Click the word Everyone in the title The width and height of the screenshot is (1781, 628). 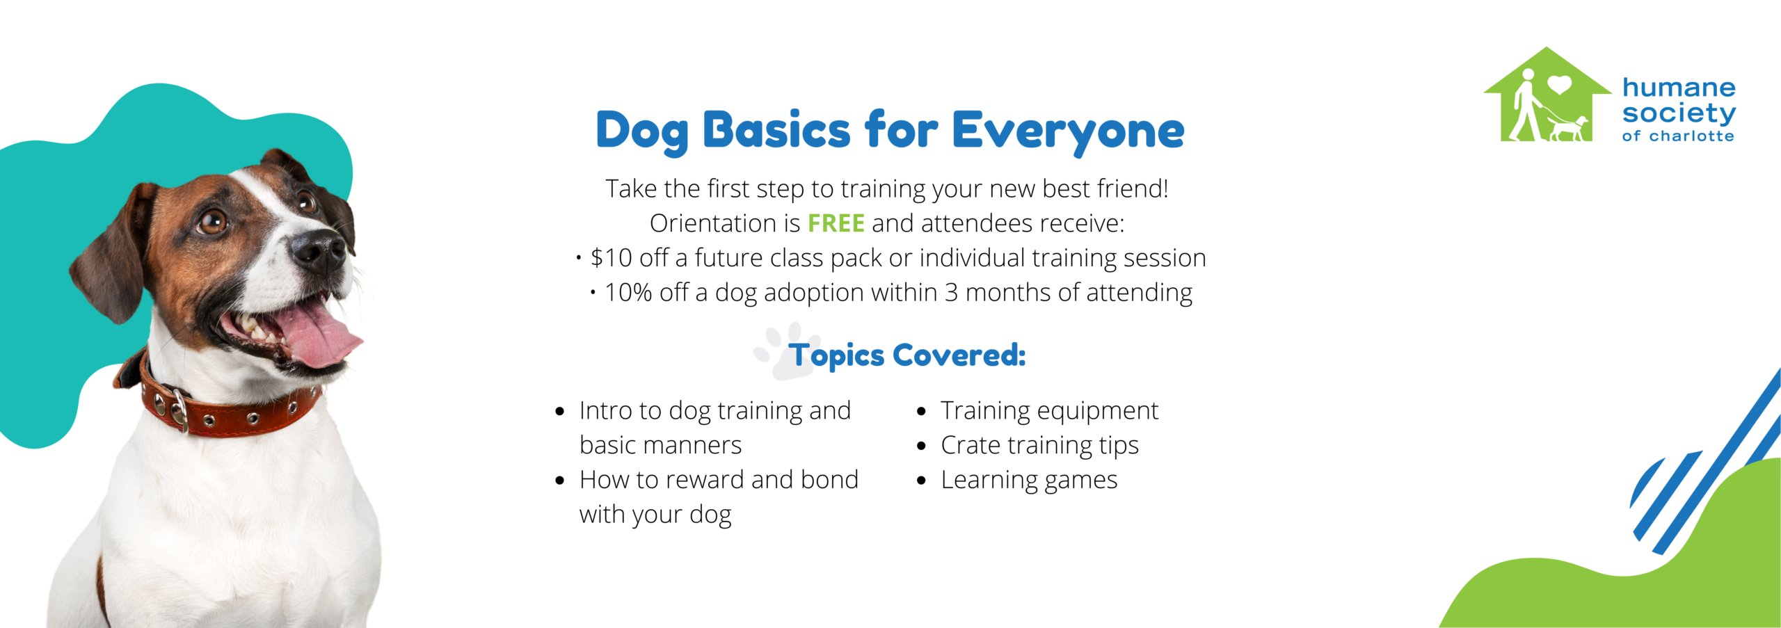tap(1067, 131)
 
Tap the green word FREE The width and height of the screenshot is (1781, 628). tap(836, 223)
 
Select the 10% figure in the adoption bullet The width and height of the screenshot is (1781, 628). tap(628, 293)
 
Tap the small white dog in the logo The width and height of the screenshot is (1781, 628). tap(1569, 129)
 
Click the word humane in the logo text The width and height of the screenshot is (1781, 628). tap(1679, 88)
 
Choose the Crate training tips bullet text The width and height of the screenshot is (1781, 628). tap(1039, 445)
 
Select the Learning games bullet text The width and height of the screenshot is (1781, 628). tap(1028, 480)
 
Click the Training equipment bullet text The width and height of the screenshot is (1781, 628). tap(1049, 410)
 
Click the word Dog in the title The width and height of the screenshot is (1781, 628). tap(641, 131)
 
